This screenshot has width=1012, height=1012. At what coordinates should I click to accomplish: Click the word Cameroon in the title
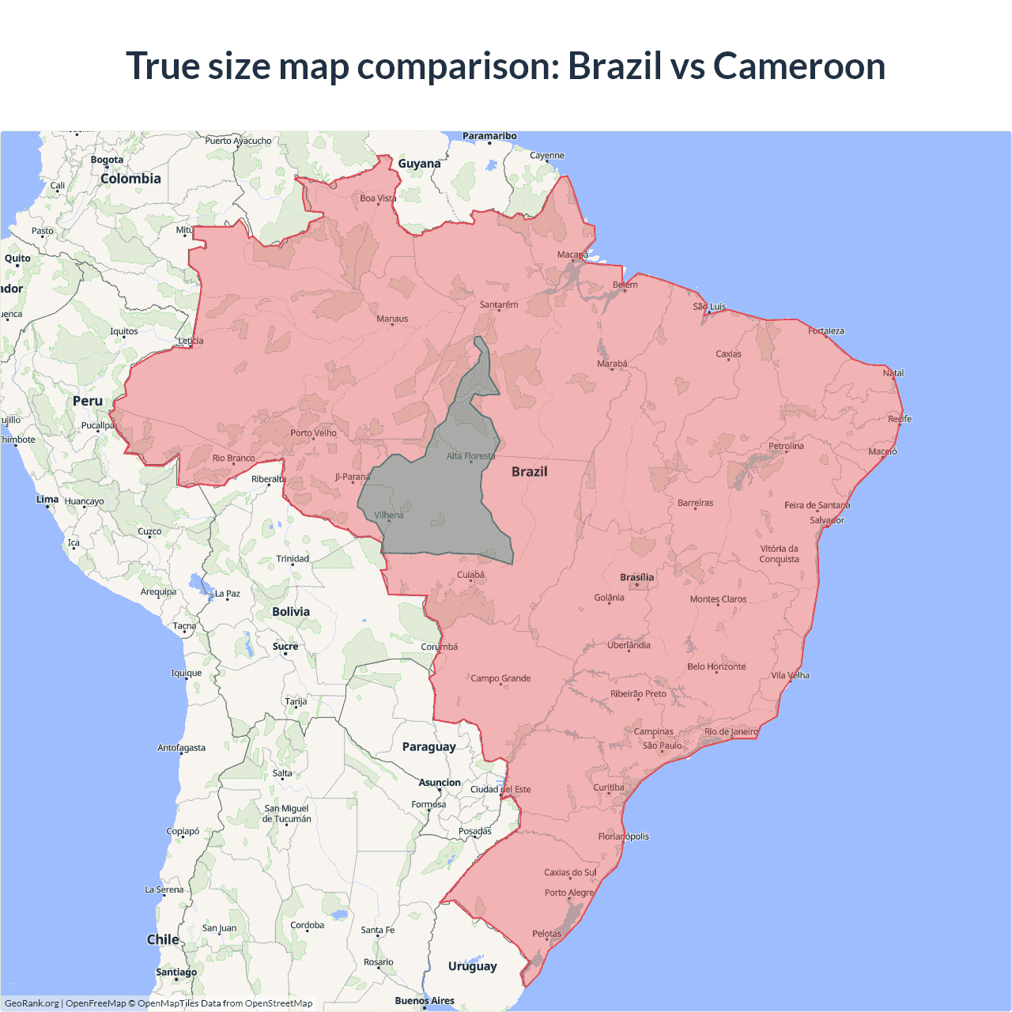click(x=799, y=66)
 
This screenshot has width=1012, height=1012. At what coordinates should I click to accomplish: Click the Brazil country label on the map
click(x=529, y=471)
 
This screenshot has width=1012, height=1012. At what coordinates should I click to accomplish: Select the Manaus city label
click(x=392, y=319)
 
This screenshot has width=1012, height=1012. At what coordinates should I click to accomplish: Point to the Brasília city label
click(x=636, y=577)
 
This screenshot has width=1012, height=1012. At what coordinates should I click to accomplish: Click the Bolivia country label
click(x=291, y=611)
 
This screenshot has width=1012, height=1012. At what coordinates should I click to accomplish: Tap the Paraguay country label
click(x=429, y=746)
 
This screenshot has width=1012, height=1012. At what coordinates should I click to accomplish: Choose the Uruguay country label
click(x=472, y=965)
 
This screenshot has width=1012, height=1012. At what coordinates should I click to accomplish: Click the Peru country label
click(x=88, y=401)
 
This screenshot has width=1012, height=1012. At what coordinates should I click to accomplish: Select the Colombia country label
click(x=130, y=179)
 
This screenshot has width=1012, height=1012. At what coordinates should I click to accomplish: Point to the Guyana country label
click(x=419, y=164)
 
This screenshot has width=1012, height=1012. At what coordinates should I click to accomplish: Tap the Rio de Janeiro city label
click(x=731, y=731)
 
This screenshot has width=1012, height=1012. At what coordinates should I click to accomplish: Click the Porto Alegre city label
click(x=568, y=893)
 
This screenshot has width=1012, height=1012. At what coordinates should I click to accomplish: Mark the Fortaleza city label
click(x=826, y=330)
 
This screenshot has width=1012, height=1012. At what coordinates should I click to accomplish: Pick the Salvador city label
click(x=827, y=520)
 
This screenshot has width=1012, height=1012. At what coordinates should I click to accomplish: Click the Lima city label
click(x=47, y=499)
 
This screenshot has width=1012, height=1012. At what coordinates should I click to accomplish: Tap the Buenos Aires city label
click(x=425, y=1000)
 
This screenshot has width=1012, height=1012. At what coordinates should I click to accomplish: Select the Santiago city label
click(x=176, y=972)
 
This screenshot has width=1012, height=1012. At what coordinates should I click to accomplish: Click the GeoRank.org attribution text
click(x=32, y=1003)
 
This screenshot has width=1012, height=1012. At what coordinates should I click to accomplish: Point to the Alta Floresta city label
click(x=470, y=456)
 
